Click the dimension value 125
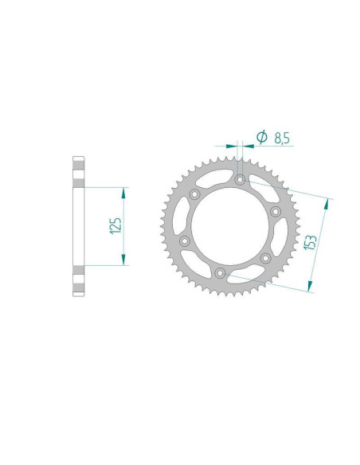click(116, 226)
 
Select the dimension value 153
click(311, 243)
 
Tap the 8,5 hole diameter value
click(282, 139)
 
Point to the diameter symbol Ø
click(261, 137)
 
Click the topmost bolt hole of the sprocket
click(241, 179)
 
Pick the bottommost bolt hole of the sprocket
click(220, 273)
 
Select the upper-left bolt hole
click(195, 194)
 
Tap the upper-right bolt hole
click(276, 212)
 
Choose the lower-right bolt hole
click(265, 258)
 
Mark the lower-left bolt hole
click(185, 240)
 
